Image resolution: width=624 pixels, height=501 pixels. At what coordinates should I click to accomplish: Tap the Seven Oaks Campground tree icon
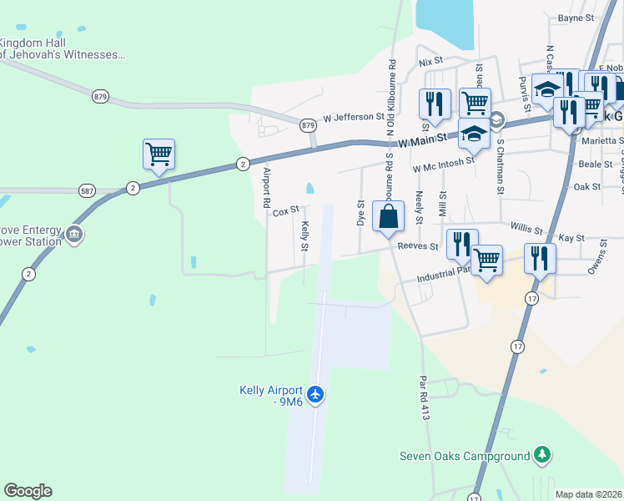tap(543, 455)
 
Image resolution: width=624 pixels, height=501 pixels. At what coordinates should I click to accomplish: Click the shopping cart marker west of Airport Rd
tap(159, 154)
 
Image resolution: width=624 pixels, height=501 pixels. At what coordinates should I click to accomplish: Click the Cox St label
tap(285, 212)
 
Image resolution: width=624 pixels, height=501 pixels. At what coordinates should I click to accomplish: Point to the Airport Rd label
tap(267, 187)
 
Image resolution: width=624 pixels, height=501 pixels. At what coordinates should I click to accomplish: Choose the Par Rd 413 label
tap(423, 396)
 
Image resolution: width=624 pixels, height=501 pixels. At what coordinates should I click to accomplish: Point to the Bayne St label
tap(576, 17)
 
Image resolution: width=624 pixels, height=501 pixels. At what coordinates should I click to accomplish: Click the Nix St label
tap(430, 62)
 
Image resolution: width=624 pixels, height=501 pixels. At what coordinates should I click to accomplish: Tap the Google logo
tap(28, 491)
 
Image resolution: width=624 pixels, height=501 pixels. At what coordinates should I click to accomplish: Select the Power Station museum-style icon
tap(74, 233)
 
